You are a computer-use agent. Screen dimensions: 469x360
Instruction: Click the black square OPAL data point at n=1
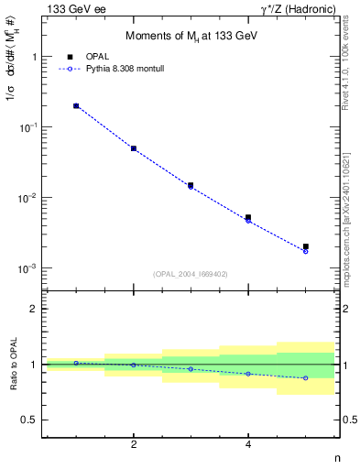pos(76,106)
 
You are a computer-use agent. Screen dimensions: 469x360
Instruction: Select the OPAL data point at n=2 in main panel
pos(134,148)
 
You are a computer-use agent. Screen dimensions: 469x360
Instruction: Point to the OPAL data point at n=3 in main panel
pos(191,185)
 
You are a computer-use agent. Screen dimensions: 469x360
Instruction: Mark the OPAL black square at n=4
pos(248,217)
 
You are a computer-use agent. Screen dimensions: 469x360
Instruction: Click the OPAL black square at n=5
pos(306,246)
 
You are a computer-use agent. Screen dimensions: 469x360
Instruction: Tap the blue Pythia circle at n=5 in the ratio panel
pos(306,378)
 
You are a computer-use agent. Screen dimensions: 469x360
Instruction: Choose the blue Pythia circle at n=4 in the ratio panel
pos(248,374)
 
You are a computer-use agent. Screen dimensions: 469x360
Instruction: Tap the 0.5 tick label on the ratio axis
pos(30,420)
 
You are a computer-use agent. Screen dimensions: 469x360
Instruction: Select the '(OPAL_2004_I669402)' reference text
pos(190,274)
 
